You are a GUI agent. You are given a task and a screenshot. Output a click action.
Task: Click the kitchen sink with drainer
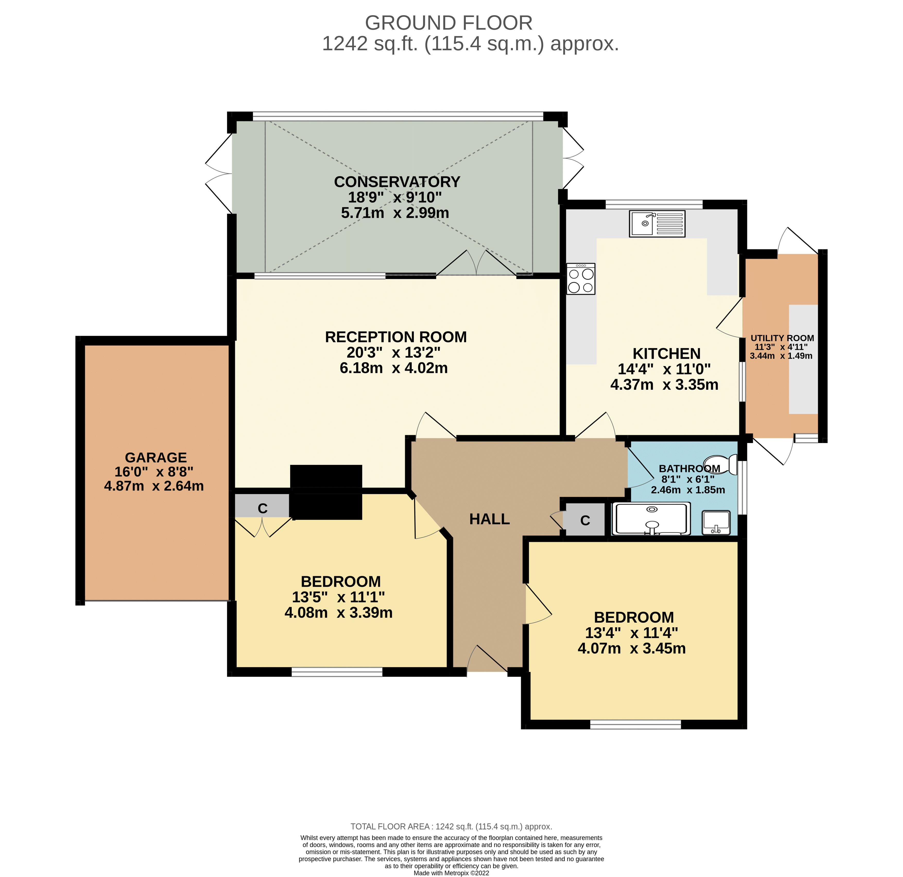657,224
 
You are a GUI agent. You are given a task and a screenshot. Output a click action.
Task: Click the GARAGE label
156,457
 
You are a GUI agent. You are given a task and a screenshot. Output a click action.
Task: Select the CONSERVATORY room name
397,182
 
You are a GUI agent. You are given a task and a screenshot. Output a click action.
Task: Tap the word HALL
489,519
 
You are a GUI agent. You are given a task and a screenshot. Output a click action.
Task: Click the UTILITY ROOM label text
782,338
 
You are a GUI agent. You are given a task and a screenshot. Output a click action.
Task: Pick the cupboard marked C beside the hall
585,520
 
